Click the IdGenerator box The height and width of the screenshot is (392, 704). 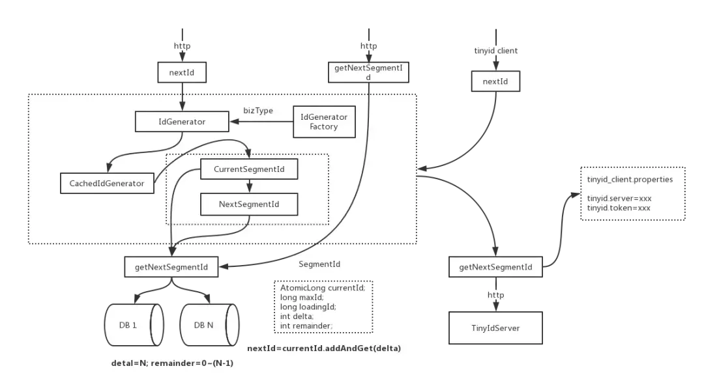pos(182,121)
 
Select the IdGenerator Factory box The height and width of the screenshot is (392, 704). pos(324,121)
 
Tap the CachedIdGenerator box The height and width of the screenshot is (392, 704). pos(107,183)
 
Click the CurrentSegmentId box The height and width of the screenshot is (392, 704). pos(248,169)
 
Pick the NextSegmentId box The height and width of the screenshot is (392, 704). pos(248,204)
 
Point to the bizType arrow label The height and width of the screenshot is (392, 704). pos(258,110)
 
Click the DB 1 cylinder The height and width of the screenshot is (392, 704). pos(133,324)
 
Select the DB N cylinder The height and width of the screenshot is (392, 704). pos(207,324)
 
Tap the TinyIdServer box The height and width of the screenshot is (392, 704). pos(495,328)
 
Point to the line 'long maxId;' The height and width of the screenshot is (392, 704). pos(297,297)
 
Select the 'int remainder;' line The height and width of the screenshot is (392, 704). pos(306,325)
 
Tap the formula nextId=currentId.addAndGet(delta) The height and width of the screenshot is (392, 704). pos(324,348)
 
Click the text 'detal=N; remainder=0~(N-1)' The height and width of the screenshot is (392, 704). pos(172,363)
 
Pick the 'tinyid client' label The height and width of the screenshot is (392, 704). pos(496,50)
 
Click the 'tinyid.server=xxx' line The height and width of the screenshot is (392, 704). pos(619,198)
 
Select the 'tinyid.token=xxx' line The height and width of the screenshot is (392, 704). pos(619,208)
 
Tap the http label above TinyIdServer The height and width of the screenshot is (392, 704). pos(495,296)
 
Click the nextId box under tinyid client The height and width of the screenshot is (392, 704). pos(495,82)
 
